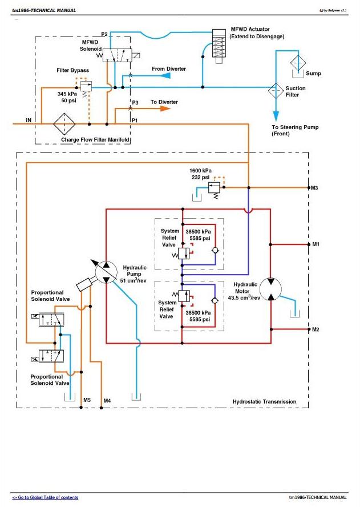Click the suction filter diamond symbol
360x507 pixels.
pos(276,90)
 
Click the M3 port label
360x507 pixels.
pos(314,187)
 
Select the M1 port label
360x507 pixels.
pos(315,244)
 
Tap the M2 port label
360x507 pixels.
pos(315,329)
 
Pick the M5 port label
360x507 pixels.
pos(87,400)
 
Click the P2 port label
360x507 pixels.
pos(104,34)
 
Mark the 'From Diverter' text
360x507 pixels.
pos(168,69)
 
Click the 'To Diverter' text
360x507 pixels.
pos(164,102)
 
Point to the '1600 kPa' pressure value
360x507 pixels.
pos(201,170)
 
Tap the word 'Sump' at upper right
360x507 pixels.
pos(313,74)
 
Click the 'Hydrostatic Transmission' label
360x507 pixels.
pos(264,402)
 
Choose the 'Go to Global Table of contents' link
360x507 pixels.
pos(45,498)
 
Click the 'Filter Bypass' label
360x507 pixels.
pos(72,70)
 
